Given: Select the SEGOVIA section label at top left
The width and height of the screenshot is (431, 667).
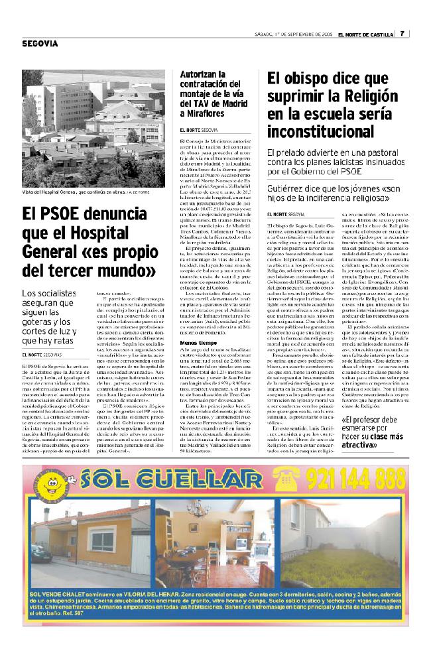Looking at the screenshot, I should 40,44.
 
